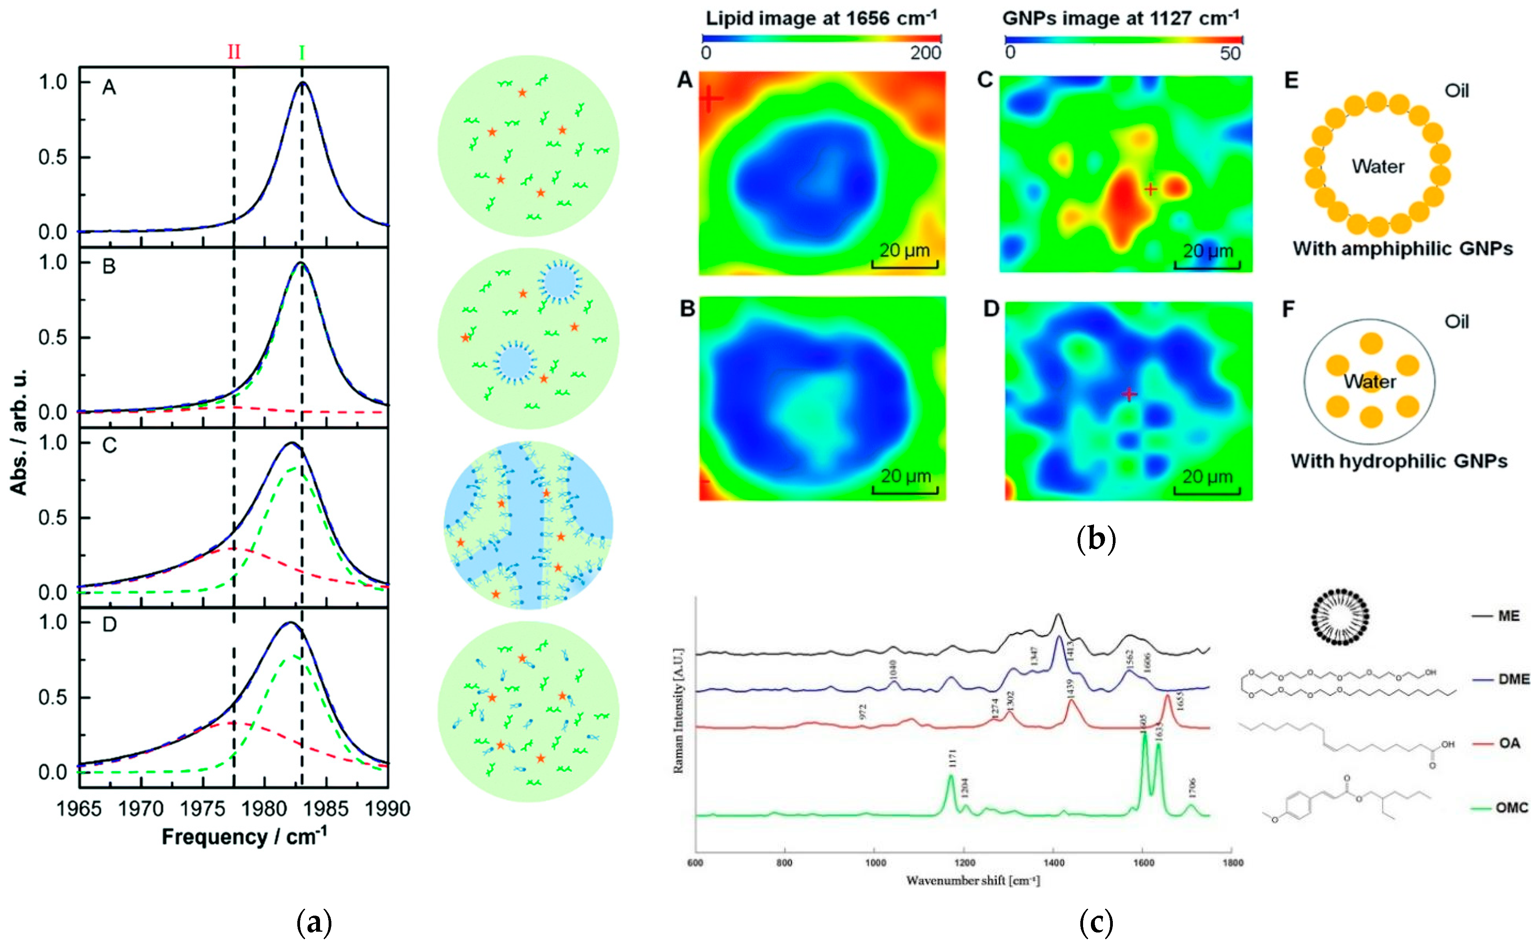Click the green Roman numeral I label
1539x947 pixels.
point(302,53)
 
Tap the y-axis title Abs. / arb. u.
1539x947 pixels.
point(19,432)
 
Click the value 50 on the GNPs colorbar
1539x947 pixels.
point(1230,54)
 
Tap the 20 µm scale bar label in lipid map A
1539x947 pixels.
point(904,250)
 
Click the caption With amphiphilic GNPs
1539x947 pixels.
point(1403,249)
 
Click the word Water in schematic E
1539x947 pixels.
point(1378,167)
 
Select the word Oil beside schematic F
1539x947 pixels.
point(1456,322)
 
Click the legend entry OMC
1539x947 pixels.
point(1512,808)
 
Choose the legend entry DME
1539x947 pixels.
point(1513,679)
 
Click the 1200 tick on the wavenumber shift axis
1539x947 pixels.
point(964,862)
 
